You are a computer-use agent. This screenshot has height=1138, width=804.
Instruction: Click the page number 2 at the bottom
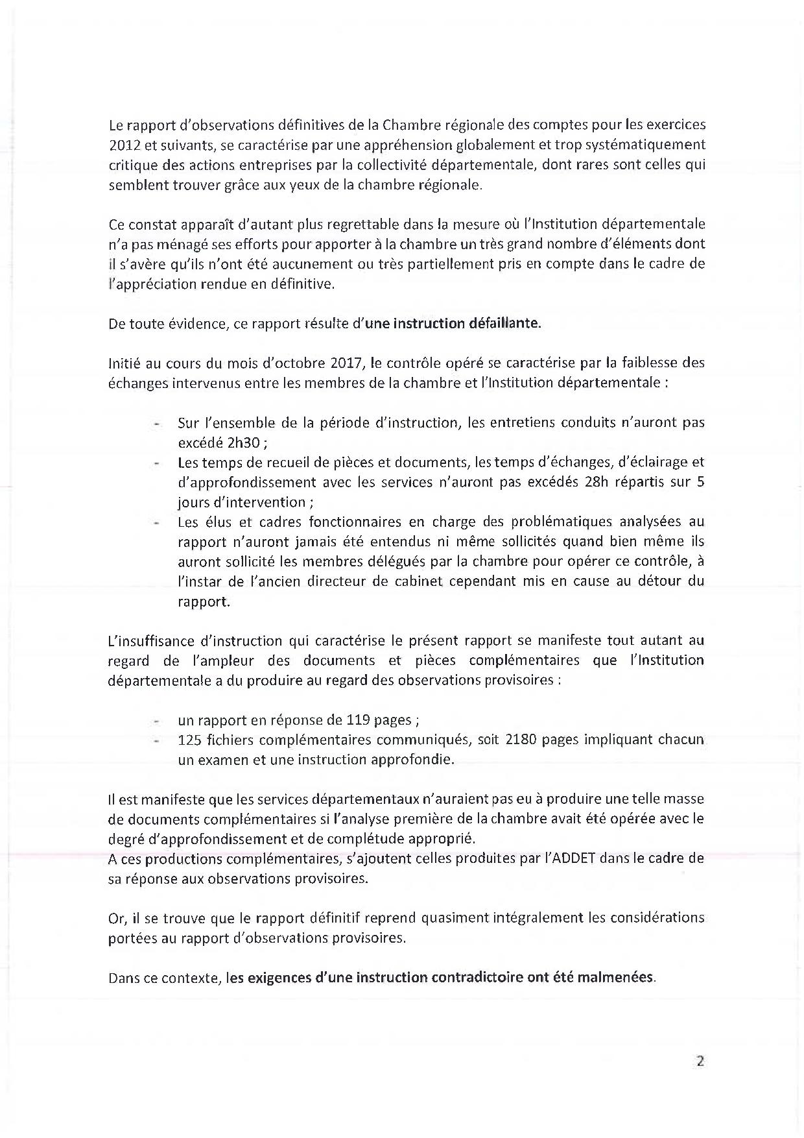[700, 1062]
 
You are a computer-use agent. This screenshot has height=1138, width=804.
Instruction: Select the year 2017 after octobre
[338, 362]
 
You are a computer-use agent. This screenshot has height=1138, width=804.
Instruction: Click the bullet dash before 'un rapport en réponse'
[156, 721]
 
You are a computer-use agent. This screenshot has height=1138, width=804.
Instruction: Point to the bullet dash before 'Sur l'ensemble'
[156, 424]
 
